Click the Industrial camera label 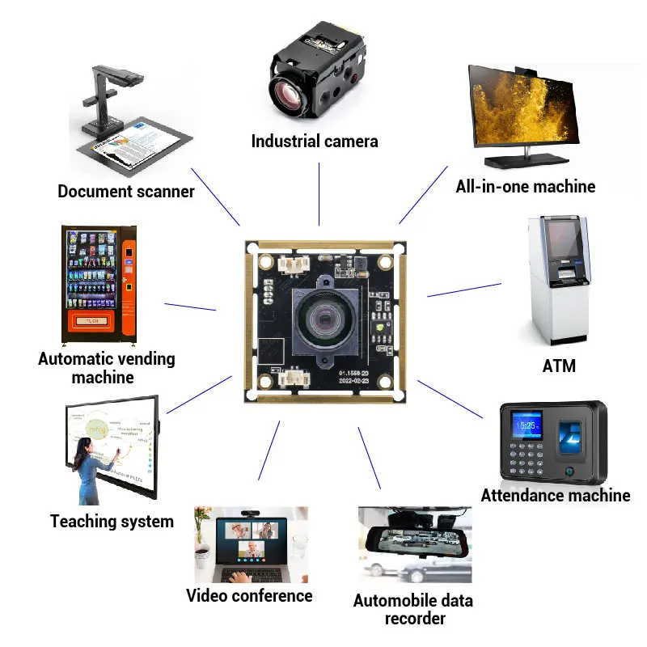315,142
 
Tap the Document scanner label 126,192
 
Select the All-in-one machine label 525,187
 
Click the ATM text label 559,366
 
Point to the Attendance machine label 555,495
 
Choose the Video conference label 249,596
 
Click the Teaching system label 112,521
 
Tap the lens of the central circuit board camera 322,322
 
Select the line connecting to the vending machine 190,307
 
